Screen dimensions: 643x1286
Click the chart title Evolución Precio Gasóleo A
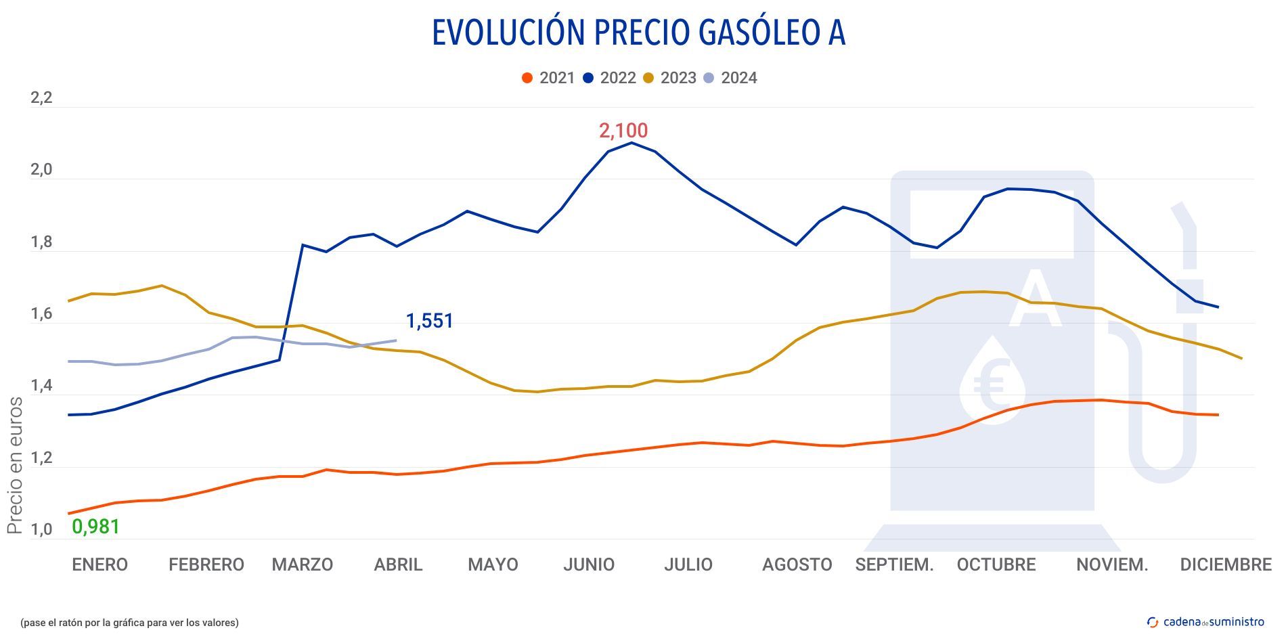(638, 32)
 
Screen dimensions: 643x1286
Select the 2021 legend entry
(548, 78)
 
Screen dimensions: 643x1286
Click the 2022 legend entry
(608, 78)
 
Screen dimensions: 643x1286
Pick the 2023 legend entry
(669, 78)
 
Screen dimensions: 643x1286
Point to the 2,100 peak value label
(623, 131)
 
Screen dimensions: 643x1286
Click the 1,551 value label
(429, 321)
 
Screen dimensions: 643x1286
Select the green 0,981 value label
(95, 527)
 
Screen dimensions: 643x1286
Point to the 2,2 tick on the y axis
(41, 98)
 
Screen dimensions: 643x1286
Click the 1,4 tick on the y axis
(41, 386)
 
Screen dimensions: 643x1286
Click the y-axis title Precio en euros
(15, 466)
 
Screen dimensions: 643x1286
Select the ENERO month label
(99, 564)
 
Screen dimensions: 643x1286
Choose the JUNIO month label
(588, 564)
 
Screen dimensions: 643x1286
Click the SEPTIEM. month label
(894, 564)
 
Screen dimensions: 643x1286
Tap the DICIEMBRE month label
(1225, 564)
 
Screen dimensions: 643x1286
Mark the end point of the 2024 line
(396, 340)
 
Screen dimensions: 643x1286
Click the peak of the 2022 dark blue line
(631, 143)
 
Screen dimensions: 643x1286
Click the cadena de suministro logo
(1205, 622)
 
